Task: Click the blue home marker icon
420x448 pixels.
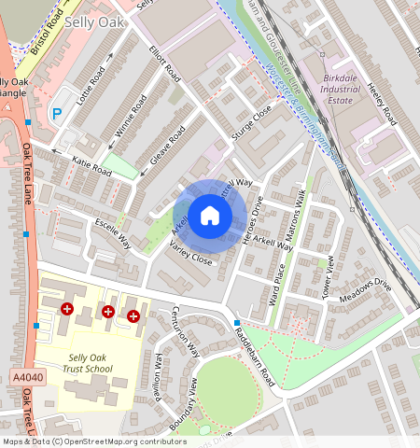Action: pos(210,217)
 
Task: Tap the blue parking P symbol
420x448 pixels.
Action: pos(57,114)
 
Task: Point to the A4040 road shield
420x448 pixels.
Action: pos(27,375)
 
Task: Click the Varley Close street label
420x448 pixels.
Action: pos(190,252)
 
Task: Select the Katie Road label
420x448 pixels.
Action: pos(91,169)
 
